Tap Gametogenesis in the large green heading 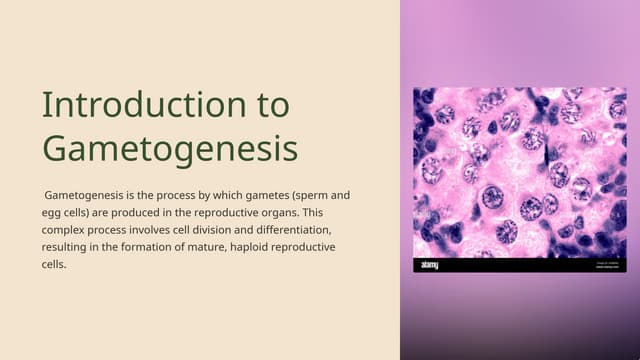coord(170,148)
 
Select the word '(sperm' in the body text coord(304,196)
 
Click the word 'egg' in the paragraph coord(53,213)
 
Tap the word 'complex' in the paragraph coord(67,230)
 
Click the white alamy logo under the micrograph coord(429,265)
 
